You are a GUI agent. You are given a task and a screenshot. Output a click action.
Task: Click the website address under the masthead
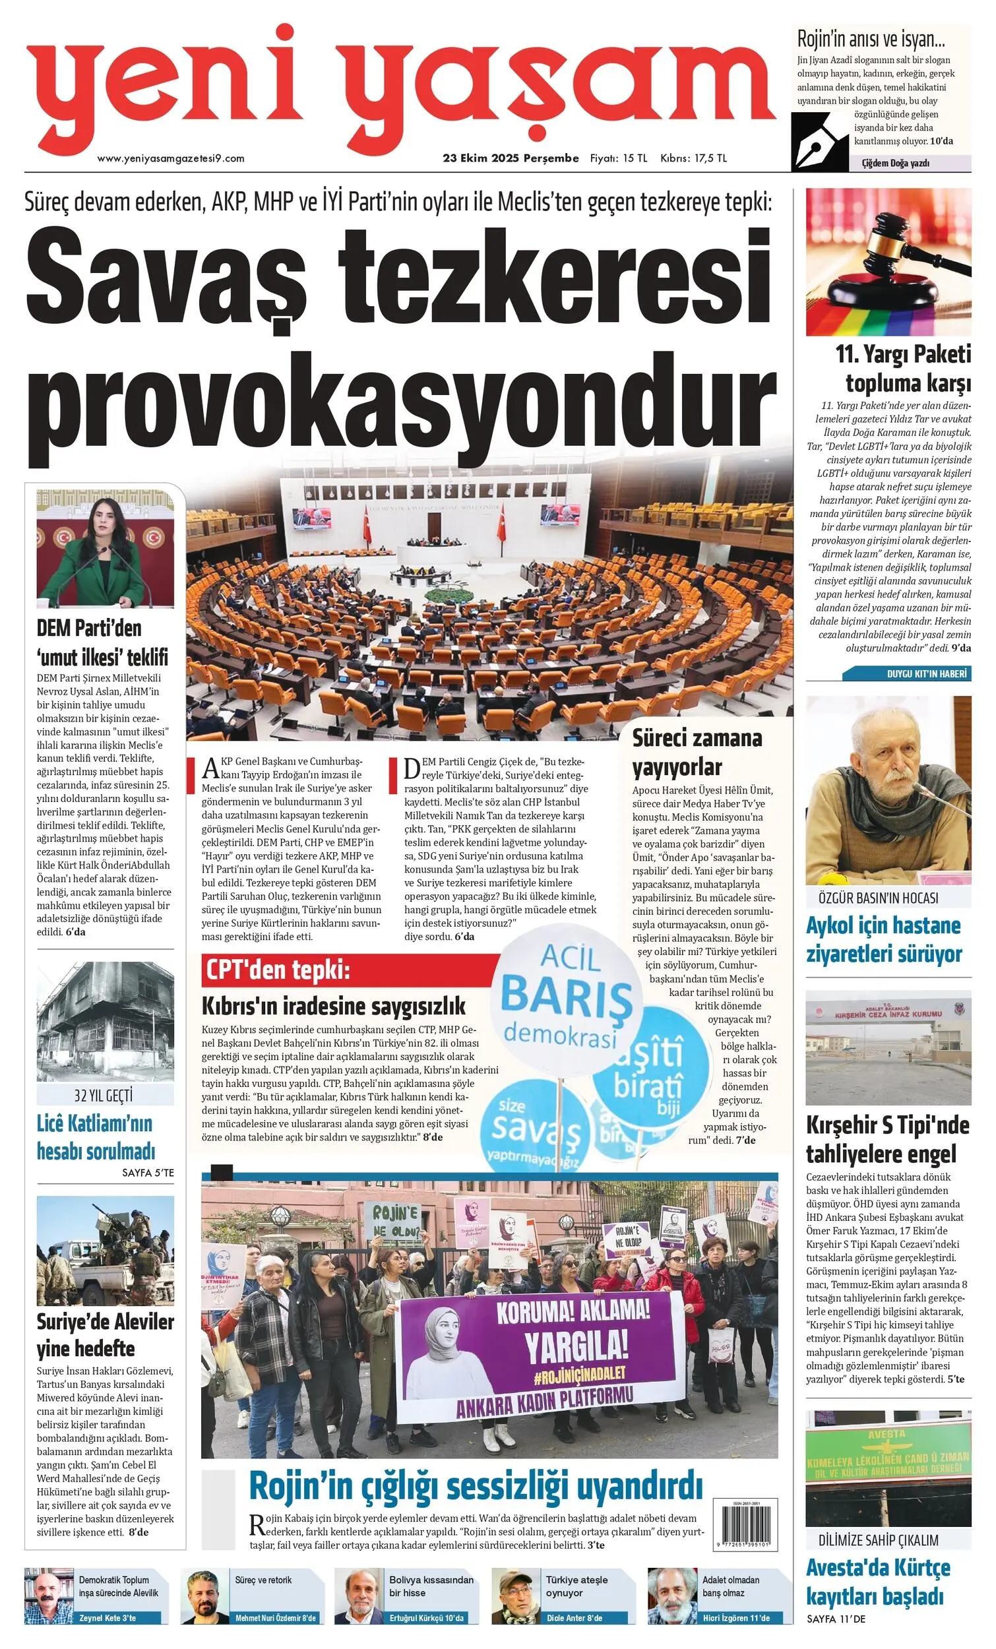[171, 158]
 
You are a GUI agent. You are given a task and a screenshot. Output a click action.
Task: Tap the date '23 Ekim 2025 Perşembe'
[511, 158]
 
